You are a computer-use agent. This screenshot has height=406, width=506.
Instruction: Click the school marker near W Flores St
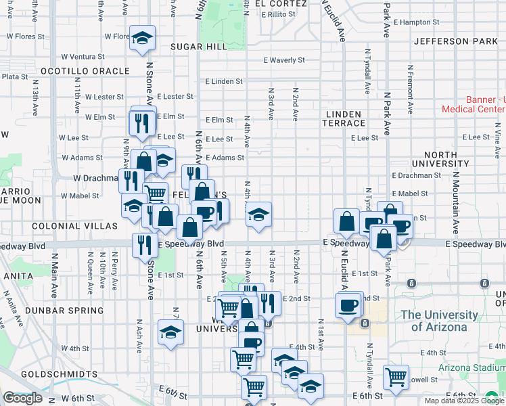tap(143, 39)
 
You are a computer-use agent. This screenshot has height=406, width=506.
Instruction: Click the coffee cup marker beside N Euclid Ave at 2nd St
tap(348, 304)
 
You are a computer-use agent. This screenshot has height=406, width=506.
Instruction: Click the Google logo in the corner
tap(22, 398)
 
